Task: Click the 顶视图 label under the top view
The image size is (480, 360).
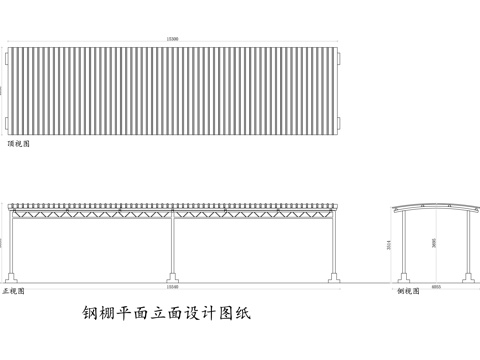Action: [19, 144]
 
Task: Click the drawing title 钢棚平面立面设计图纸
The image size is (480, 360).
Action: [165, 312]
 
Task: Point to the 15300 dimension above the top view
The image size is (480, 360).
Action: [172, 41]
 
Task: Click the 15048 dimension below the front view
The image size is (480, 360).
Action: [172, 285]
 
